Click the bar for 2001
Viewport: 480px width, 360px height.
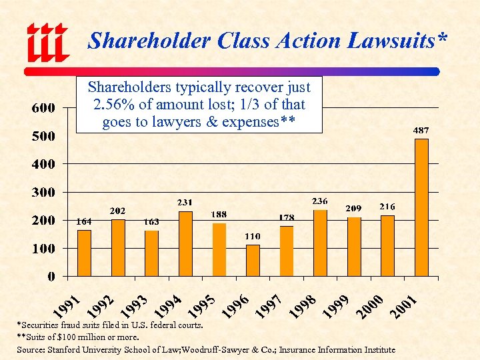point(421,207)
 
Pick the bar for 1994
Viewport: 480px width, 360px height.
point(185,243)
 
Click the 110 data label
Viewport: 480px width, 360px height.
point(252,237)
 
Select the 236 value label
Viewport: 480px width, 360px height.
point(321,201)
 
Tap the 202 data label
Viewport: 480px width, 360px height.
point(118,211)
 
